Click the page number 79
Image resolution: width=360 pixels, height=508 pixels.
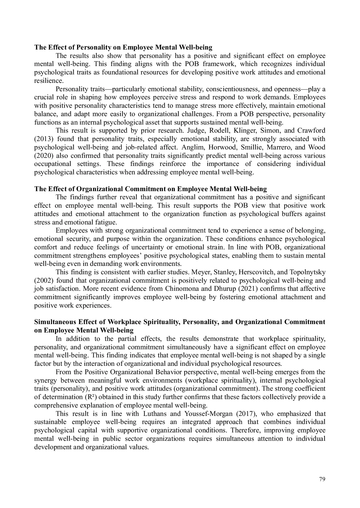[322, 479]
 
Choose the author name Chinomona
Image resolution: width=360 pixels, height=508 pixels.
[182, 289]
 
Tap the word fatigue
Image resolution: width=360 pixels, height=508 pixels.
[106, 222]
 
